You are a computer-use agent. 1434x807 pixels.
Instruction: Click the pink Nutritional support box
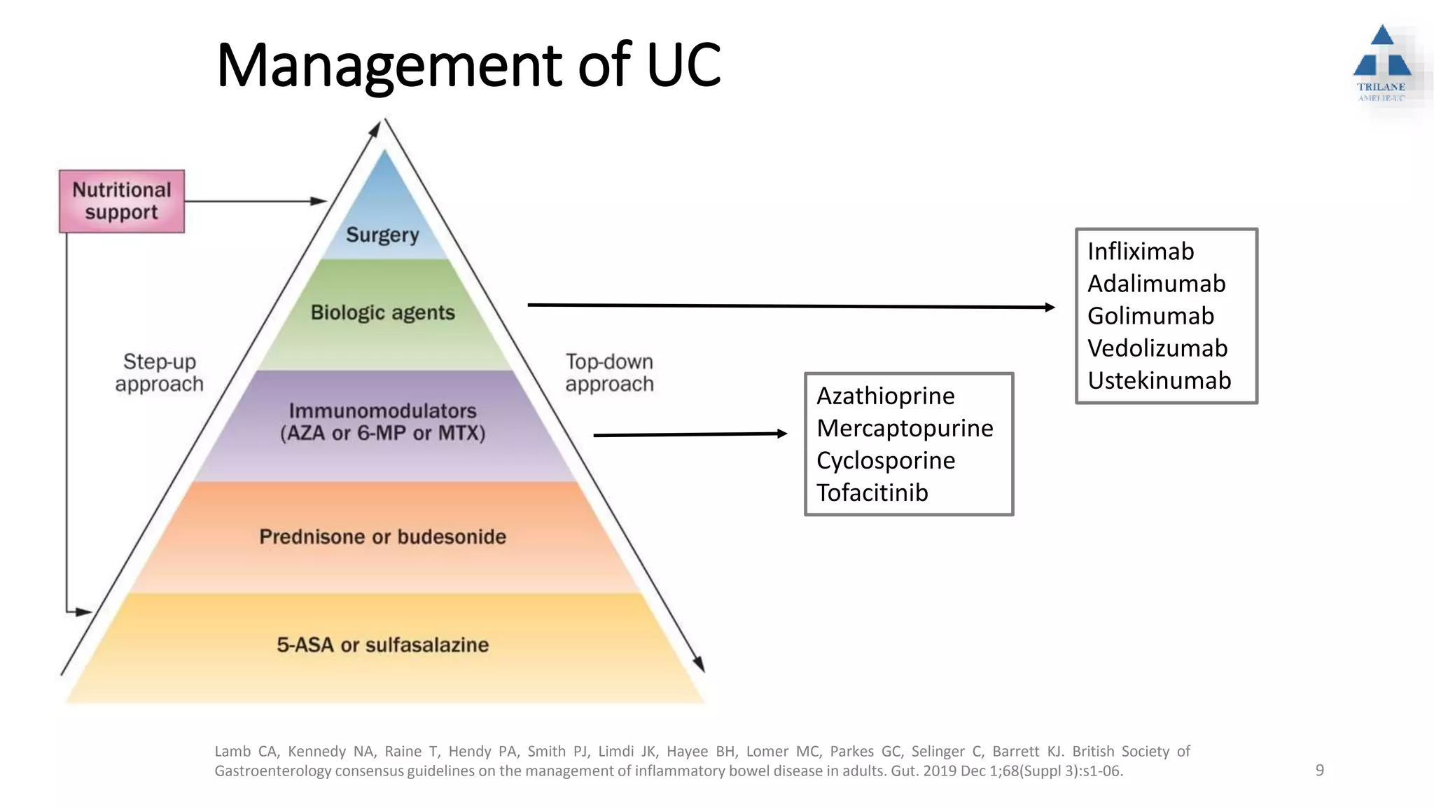pos(122,201)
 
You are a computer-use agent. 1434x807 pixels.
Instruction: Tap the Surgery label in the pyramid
pos(382,235)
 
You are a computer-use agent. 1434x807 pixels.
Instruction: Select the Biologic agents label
pos(382,312)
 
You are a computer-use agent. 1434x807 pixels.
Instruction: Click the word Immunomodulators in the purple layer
pos(382,411)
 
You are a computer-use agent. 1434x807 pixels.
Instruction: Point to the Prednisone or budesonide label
pos(382,537)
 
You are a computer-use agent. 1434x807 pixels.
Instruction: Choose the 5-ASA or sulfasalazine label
pos(382,644)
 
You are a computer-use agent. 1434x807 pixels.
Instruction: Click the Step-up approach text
pos(160,373)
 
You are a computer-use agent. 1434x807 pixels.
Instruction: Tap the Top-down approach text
pos(609,373)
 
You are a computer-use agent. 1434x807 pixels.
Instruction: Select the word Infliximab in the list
pos(1141,251)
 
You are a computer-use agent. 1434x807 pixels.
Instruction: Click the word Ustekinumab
pos(1159,380)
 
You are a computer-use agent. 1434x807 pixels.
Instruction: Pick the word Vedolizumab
pos(1157,348)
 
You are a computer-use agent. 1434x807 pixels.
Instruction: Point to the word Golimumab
pos(1150,316)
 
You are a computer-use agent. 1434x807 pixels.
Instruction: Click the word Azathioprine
pos(885,396)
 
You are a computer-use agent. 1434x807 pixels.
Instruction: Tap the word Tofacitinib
pos(872,492)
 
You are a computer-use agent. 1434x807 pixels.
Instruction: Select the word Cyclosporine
pos(885,460)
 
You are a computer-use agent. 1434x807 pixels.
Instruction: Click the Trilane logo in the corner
pos(1381,63)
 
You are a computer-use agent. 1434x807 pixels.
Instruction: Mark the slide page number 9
pos(1319,771)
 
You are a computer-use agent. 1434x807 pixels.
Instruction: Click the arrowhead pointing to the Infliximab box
pos(1050,307)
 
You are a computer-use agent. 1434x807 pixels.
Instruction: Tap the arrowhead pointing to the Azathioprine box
pos(782,434)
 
